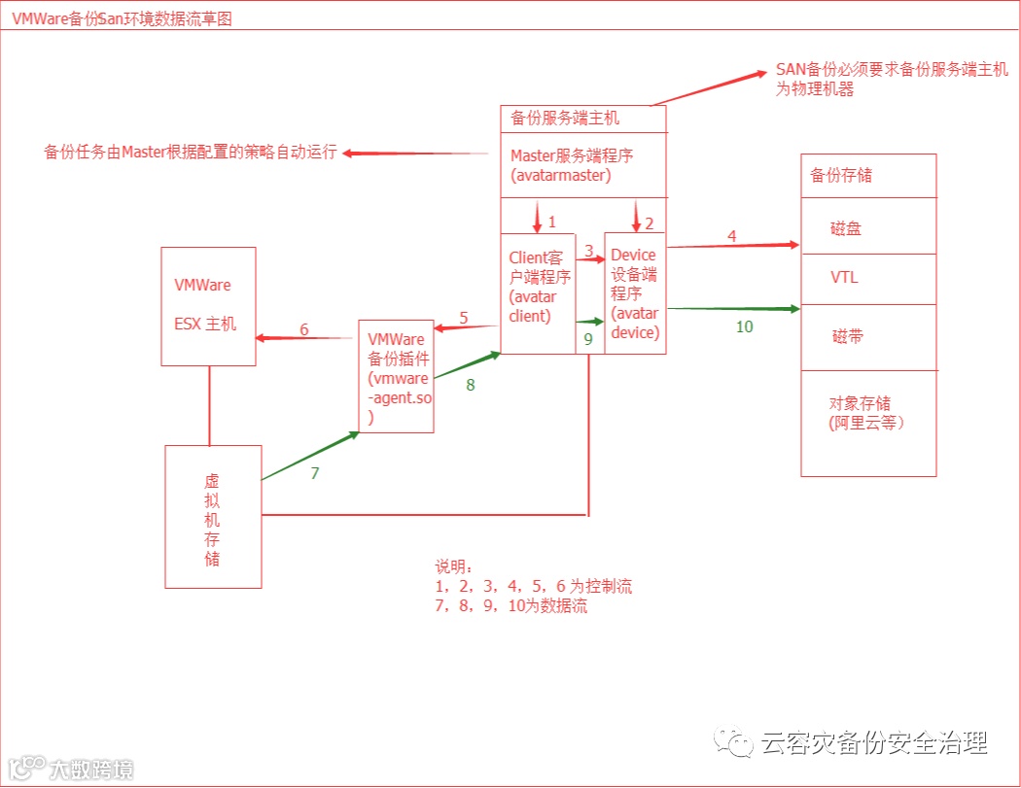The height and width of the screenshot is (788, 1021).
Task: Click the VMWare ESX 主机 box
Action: coord(208,305)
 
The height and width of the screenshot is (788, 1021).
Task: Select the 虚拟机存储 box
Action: coord(213,517)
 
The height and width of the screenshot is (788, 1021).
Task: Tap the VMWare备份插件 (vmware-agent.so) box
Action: coord(396,376)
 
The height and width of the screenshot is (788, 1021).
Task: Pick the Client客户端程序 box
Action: coord(537,291)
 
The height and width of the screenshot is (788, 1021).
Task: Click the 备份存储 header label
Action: coord(841,175)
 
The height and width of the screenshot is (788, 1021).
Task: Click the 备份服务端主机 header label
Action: coord(565,119)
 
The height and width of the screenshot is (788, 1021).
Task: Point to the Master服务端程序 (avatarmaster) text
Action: coord(572,165)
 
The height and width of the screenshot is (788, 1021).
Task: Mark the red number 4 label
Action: coord(731,235)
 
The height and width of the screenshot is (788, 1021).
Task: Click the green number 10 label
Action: coord(744,326)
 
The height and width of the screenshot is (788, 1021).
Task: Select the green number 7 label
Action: coord(315,473)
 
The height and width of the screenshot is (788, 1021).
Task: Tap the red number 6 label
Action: coord(304,329)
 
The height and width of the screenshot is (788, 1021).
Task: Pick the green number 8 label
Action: coord(471,384)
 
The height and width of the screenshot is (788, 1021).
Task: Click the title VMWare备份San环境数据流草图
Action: coord(122,18)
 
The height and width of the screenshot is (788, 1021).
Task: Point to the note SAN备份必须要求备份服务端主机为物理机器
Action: coord(891,79)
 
